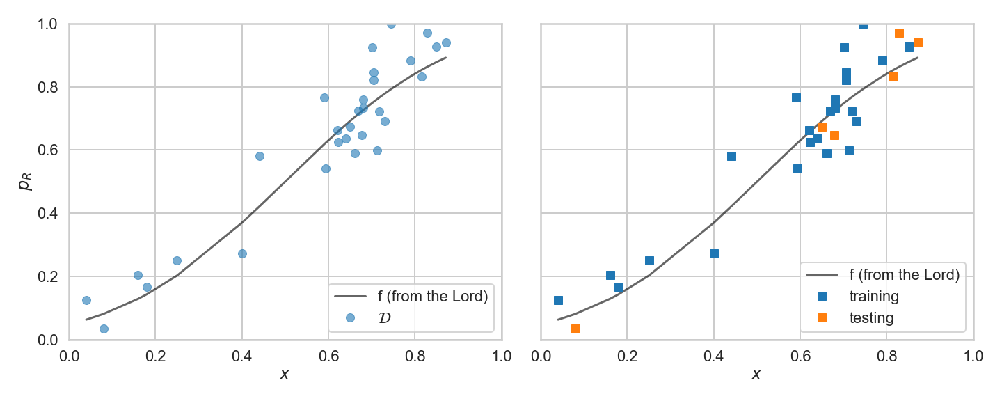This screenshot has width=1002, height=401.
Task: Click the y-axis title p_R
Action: click(x=25, y=182)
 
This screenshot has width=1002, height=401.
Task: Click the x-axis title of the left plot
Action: click(x=285, y=375)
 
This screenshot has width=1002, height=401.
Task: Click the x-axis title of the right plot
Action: click(x=756, y=375)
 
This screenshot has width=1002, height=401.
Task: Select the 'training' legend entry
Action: click(x=874, y=296)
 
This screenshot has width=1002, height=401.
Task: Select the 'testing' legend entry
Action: click(x=870, y=317)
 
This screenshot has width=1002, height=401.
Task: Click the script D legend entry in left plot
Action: click(x=384, y=317)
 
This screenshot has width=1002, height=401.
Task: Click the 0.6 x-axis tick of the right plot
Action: click(x=800, y=356)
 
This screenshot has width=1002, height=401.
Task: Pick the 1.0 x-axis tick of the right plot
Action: click(x=973, y=356)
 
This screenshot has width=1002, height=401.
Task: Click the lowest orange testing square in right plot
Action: click(x=575, y=329)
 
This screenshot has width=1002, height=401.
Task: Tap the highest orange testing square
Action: click(x=899, y=33)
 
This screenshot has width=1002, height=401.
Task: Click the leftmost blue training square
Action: click(x=558, y=300)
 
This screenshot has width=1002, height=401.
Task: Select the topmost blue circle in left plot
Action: click(x=391, y=24)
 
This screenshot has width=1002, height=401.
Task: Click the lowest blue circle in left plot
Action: click(x=104, y=329)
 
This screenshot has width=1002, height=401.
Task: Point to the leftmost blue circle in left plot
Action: click(x=86, y=300)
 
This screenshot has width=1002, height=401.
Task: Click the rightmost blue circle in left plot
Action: click(x=446, y=42)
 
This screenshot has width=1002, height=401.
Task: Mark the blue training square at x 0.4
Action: click(x=714, y=253)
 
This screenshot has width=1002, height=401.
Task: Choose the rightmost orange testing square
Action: click(x=918, y=42)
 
